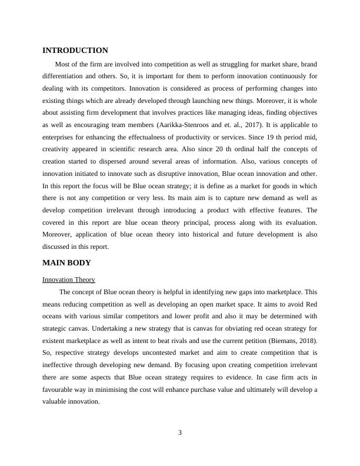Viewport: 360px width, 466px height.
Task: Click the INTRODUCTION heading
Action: click(x=75, y=51)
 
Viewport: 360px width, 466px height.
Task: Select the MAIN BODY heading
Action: click(x=66, y=262)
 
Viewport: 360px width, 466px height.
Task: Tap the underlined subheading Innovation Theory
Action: click(x=69, y=279)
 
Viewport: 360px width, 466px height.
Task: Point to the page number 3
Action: click(x=180, y=434)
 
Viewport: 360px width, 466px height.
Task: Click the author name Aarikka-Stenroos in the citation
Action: click(x=184, y=125)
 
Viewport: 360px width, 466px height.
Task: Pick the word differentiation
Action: click(x=68, y=76)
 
